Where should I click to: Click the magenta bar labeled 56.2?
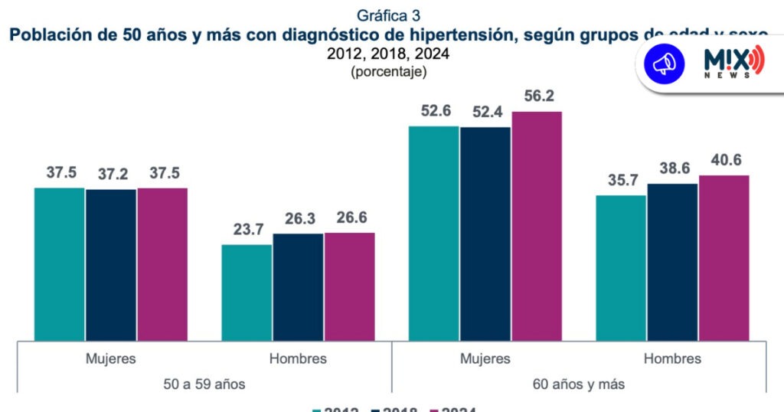click(537, 226)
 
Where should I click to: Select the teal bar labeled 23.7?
click(247, 293)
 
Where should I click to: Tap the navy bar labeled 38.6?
click(673, 262)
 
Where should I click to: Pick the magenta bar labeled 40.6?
click(724, 258)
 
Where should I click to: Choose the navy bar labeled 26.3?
click(298, 287)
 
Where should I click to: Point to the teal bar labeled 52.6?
click(433, 233)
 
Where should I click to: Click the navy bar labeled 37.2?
click(111, 264)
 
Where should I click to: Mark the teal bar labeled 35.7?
click(621, 268)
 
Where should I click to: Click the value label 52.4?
click(485, 111)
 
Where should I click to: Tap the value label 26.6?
click(349, 217)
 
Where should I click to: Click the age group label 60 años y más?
click(579, 384)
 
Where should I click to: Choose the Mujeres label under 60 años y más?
click(485, 358)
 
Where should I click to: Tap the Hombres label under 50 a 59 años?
click(298, 358)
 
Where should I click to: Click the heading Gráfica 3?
click(388, 15)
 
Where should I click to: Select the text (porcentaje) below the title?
click(388, 72)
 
